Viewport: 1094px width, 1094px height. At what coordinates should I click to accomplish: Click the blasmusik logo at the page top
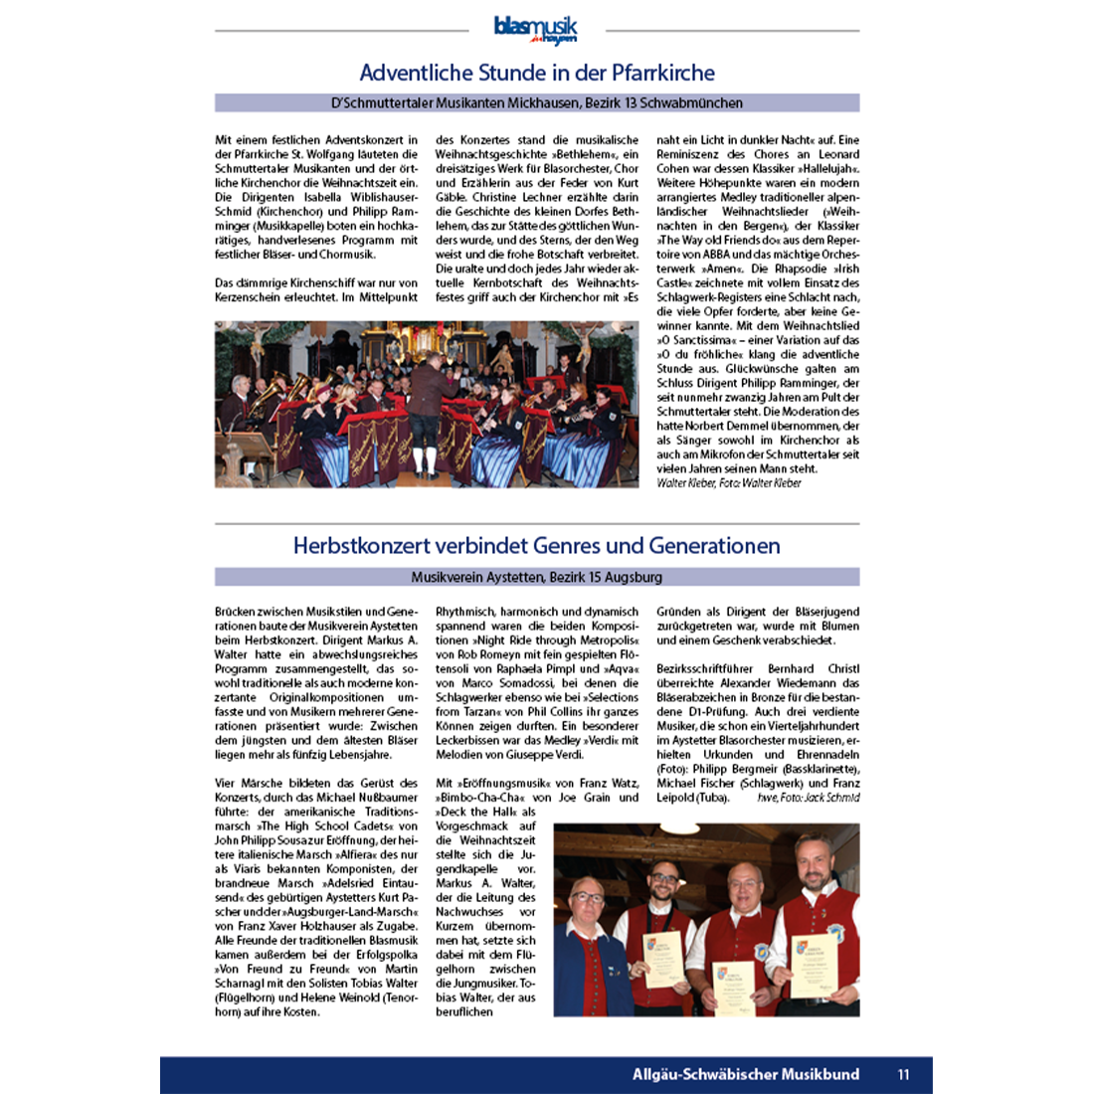point(535,30)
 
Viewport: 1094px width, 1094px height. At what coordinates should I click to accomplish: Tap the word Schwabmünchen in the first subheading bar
point(695,102)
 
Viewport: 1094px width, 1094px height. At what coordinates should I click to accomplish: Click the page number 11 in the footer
point(903,1074)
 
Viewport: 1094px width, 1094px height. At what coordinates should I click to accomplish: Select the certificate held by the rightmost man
point(814,961)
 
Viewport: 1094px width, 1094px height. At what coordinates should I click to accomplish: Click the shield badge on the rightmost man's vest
point(835,932)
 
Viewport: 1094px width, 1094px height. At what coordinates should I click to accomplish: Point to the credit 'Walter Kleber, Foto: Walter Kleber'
point(728,483)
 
